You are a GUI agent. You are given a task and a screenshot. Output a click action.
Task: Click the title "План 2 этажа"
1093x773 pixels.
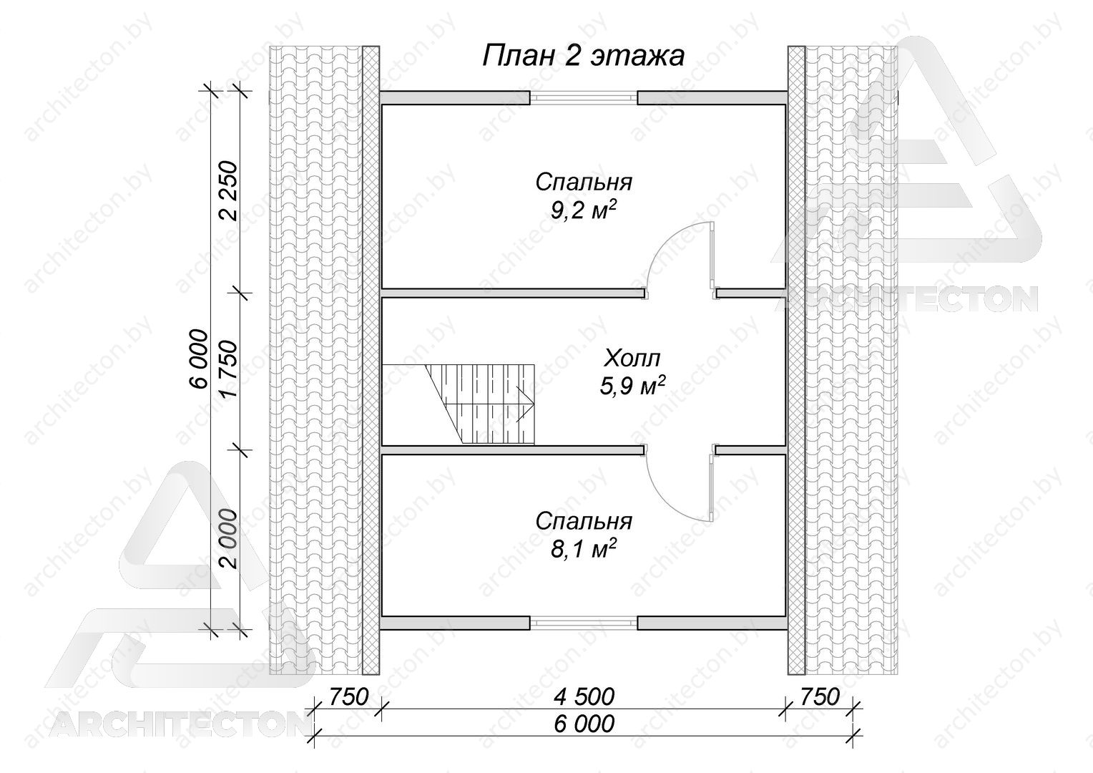[583, 57]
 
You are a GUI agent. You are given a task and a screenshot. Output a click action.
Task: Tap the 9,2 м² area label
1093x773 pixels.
[583, 210]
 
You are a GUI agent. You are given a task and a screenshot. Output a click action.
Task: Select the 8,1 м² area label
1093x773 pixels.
[583, 550]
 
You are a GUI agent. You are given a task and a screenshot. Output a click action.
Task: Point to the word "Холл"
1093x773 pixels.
[632, 359]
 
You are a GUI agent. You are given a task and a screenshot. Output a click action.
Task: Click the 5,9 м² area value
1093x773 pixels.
[632, 386]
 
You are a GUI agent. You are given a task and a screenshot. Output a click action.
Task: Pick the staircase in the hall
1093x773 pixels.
[480, 404]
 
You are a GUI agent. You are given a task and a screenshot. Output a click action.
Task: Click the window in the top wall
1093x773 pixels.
[584, 97]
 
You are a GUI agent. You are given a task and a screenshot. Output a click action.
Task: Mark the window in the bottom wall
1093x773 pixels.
[584, 623]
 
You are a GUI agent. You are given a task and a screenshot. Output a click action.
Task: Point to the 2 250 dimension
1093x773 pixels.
[228, 191]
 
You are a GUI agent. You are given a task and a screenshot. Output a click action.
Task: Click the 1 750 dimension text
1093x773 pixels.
[228, 368]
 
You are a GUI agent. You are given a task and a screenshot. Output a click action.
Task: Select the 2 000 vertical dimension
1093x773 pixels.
[228, 539]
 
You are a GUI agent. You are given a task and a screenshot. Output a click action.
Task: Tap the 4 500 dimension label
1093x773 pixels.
[584, 697]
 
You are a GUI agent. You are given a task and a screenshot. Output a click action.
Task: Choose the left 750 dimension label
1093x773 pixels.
[348, 697]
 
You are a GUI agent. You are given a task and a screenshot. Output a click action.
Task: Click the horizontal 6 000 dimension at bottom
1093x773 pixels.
[584, 723]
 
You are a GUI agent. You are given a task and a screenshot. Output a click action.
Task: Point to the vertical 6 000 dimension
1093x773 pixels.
[199, 359]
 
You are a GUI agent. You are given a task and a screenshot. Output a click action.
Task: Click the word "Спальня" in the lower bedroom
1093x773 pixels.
[584, 522]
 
